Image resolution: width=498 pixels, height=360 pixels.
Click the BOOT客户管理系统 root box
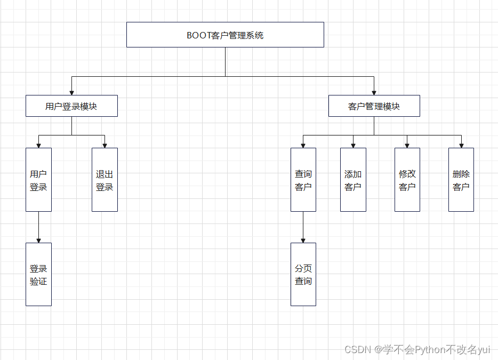pyautogui.click(x=225, y=35)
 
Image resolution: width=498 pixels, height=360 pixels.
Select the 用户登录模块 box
pyautogui.click(x=71, y=106)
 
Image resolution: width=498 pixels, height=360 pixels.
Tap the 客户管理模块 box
pyautogui.click(x=374, y=106)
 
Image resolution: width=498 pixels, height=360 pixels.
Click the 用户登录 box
pyautogui.click(x=38, y=180)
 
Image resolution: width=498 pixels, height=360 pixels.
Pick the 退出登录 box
pyautogui.click(x=105, y=180)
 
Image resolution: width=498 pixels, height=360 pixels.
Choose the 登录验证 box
pyautogui.click(x=38, y=274)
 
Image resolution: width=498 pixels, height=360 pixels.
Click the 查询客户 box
pyautogui.click(x=303, y=180)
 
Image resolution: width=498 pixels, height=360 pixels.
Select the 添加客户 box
pyautogui.click(x=353, y=180)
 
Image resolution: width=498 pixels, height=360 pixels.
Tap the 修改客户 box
pyautogui.click(x=407, y=180)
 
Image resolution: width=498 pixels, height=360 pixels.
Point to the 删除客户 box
pyautogui.click(x=461, y=180)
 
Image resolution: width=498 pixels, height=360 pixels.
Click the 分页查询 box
pyautogui.click(x=303, y=274)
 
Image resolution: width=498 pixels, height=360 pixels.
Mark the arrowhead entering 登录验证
pyautogui.click(x=38, y=241)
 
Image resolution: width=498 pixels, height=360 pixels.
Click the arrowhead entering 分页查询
pyautogui.click(x=303, y=241)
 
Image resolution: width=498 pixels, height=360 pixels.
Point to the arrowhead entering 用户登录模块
pyautogui.click(x=71, y=93)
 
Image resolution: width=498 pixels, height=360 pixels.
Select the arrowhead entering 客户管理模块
pyautogui.click(x=374, y=93)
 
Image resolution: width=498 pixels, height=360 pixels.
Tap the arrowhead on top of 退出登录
pyautogui.click(x=105, y=146)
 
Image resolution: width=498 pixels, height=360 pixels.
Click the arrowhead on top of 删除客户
pyautogui.click(x=461, y=146)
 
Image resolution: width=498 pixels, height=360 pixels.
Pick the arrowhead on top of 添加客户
pyautogui.click(x=353, y=146)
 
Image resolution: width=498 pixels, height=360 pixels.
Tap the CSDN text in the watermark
pyautogui.click(x=357, y=350)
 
